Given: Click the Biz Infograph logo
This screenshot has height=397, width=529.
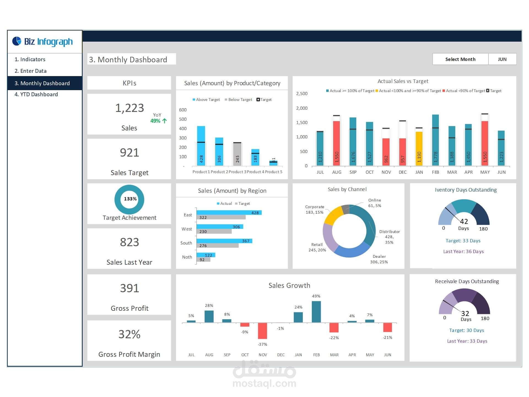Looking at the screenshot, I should click(42, 41).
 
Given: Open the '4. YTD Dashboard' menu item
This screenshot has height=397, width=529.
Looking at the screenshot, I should click(36, 94).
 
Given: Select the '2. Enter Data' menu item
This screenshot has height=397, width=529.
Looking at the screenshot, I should click(31, 71).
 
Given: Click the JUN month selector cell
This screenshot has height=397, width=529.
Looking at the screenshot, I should click(502, 59).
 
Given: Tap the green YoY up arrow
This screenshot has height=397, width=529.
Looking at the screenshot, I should click(165, 121).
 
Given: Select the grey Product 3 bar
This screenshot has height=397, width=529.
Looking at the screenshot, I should click(237, 154).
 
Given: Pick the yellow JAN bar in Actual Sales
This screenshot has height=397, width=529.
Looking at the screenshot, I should click(419, 149).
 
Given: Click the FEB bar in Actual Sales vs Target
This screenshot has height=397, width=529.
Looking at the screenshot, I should click(435, 141).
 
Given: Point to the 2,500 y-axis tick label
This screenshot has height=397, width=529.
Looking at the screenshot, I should click(302, 94).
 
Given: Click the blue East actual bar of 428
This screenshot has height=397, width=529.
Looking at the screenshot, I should click(229, 213).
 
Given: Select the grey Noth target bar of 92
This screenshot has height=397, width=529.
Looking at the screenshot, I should click(203, 260).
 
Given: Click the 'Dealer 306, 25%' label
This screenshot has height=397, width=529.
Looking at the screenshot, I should click(379, 259).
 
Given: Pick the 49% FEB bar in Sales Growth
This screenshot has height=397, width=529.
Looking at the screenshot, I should click(316, 312).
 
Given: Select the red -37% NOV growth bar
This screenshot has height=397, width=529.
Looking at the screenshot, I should click(262, 331).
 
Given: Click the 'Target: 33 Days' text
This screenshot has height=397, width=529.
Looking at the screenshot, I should click(463, 241).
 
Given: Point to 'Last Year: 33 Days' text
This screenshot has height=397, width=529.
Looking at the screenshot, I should click(467, 341).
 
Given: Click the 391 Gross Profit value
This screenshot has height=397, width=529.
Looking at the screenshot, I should click(129, 288).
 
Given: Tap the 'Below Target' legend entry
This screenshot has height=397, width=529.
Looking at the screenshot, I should click(238, 100).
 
